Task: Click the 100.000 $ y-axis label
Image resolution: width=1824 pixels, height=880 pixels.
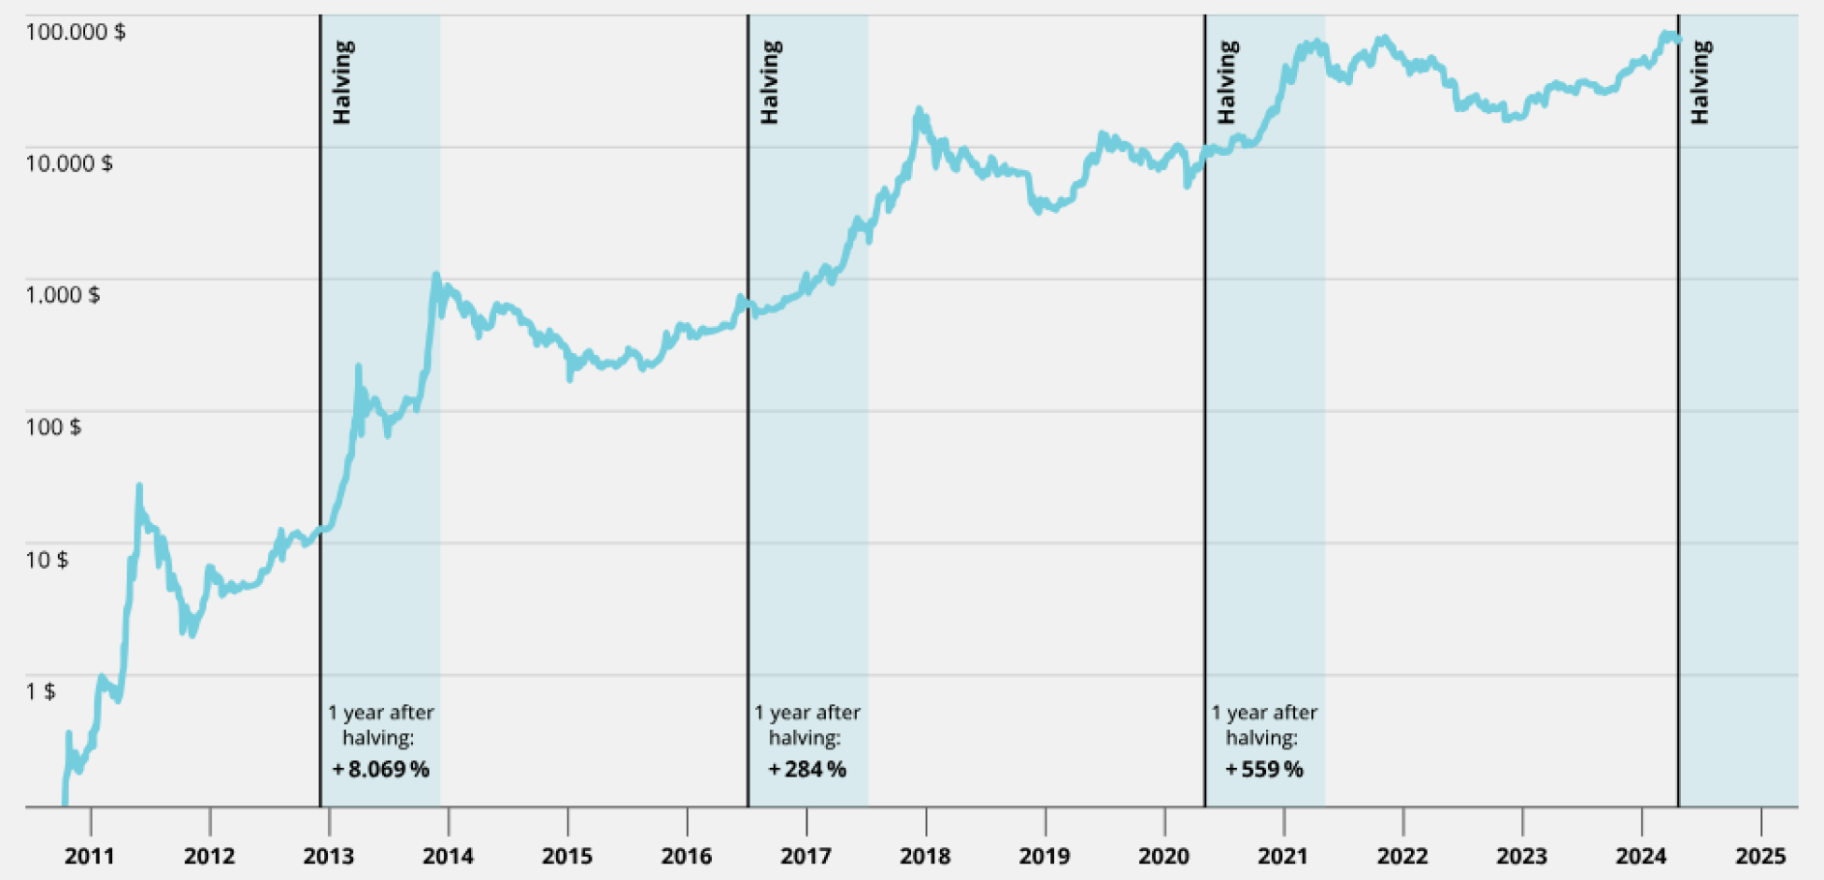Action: (75, 32)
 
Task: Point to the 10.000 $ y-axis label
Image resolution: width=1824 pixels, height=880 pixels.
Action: (69, 163)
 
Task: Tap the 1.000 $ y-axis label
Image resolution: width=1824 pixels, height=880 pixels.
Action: (63, 295)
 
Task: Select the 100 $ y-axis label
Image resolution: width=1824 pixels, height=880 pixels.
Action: (53, 426)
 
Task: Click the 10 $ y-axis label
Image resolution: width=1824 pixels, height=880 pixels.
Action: (46, 559)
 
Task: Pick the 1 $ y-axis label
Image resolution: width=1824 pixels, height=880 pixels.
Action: (40, 690)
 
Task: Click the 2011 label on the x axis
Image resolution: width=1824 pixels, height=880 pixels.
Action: (90, 856)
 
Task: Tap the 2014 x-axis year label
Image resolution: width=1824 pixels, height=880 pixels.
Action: (448, 856)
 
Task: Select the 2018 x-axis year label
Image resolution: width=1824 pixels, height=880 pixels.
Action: (926, 856)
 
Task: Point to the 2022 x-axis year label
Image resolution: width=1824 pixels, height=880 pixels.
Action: (1402, 856)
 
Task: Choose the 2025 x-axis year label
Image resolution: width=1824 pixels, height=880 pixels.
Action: (1760, 856)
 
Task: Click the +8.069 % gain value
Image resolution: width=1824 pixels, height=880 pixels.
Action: (381, 770)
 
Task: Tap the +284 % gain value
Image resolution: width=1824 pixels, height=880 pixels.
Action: (808, 770)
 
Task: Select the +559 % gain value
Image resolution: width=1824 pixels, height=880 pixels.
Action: (1264, 770)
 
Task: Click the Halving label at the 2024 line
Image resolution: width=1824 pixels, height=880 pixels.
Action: (1700, 82)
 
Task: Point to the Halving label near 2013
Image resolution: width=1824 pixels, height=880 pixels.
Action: (342, 82)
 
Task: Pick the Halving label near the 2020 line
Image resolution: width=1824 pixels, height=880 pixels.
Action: (1227, 82)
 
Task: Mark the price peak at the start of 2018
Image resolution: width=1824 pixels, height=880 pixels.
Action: (918, 110)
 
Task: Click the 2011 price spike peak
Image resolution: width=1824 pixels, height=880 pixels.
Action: (139, 485)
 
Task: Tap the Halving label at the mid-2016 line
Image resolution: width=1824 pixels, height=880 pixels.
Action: (770, 82)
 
